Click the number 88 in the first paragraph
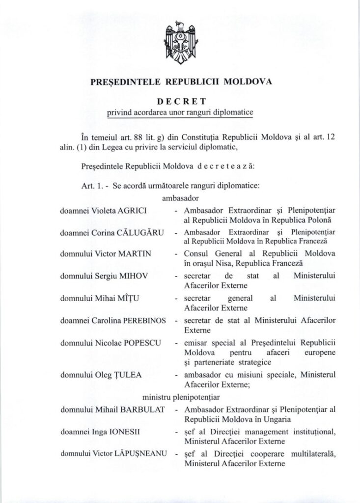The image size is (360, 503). (123, 136)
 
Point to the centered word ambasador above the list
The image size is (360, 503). (179, 199)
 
